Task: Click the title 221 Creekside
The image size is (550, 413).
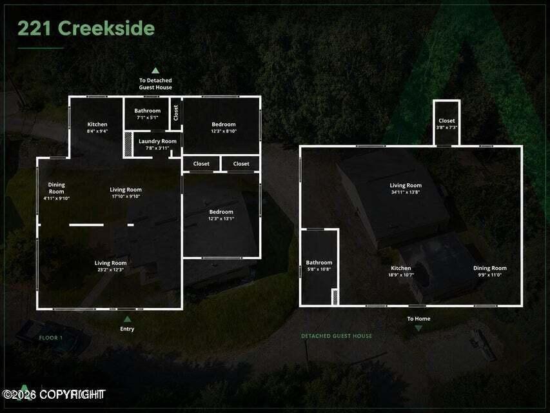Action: [86, 28]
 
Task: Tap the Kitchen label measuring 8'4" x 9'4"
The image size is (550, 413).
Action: [97, 128]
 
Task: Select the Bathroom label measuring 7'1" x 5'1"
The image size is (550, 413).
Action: [147, 114]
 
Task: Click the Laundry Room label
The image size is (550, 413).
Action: [157, 145]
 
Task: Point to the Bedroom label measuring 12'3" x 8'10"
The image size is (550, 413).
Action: [224, 128]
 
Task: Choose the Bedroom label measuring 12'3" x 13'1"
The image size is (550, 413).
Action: [221, 215]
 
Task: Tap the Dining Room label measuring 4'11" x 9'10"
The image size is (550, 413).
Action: [56, 191]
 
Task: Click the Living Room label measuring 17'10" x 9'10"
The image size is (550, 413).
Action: [126, 193]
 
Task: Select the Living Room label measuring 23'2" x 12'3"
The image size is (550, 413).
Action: [110, 267]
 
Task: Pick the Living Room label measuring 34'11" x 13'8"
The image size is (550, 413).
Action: [406, 188]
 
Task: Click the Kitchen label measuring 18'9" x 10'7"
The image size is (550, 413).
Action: [401, 272]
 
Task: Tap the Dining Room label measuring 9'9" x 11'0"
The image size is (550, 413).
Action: [490, 272]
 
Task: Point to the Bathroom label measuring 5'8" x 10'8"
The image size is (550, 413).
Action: [319, 266]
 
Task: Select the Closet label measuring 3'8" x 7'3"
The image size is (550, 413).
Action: [447, 124]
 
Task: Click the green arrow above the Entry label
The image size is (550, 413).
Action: [127, 319]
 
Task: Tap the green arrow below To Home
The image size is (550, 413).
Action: [418, 328]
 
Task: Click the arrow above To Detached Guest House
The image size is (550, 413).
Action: [155, 70]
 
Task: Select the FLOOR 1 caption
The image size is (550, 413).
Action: [51, 338]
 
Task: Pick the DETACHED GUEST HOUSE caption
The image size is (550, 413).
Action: [337, 336]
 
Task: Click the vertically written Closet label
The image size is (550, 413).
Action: [176, 113]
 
